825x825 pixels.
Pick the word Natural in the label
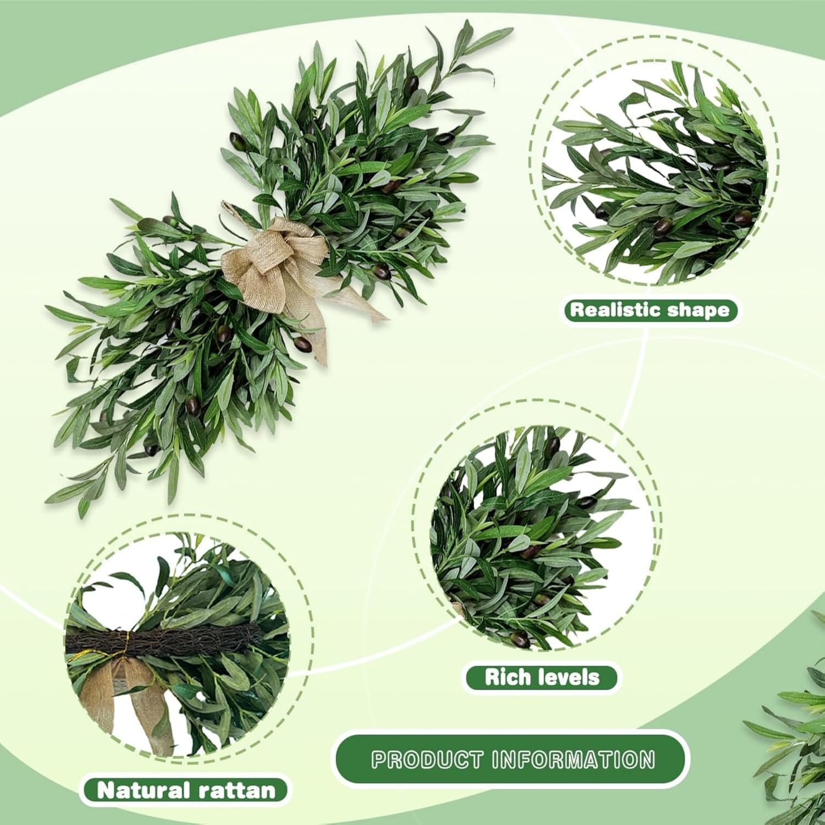[141, 791]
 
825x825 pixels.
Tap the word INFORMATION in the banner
[573, 760]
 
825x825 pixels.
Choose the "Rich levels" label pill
[542, 677]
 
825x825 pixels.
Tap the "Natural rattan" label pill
[185, 791]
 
